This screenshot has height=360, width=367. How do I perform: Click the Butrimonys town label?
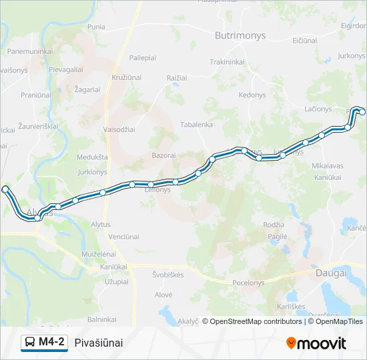click(240, 35)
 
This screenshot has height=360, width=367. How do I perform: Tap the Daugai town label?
click(331, 273)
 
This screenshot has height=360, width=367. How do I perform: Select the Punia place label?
click(97, 27)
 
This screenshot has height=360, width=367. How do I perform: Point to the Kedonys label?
click(252, 95)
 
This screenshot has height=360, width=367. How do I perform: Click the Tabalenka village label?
click(197, 124)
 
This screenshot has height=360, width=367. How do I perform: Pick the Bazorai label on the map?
click(163, 155)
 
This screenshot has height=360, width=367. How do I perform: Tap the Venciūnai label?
click(123, 237)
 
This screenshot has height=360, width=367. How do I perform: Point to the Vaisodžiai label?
click(120, 130)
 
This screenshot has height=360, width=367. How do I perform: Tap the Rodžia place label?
click(274, 225)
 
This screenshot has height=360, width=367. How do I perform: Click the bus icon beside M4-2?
click(30, 343)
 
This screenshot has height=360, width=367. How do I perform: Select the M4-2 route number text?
click(52, 343)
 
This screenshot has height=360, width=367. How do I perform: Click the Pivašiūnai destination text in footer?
click(99, 343)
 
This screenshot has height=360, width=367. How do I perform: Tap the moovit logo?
click(316, 343)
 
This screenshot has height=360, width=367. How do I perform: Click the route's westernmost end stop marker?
click(5, 189)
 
